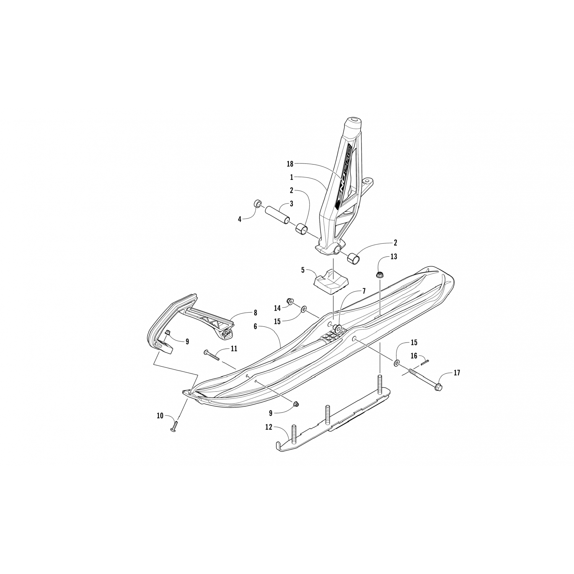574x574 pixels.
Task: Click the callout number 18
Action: point(290,164)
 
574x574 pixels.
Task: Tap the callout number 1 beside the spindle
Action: point(291,177)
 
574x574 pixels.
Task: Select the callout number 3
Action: point(291,204)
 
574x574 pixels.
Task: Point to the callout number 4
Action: point(240,219)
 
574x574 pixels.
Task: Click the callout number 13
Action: point(394,256)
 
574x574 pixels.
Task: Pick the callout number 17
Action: point(457,372)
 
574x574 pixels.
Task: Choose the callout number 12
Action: point(269,427)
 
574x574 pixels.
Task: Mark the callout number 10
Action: point(160,415)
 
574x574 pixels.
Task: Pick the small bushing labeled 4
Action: point(258,202)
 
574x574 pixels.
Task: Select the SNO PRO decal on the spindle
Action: point(344,176)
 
